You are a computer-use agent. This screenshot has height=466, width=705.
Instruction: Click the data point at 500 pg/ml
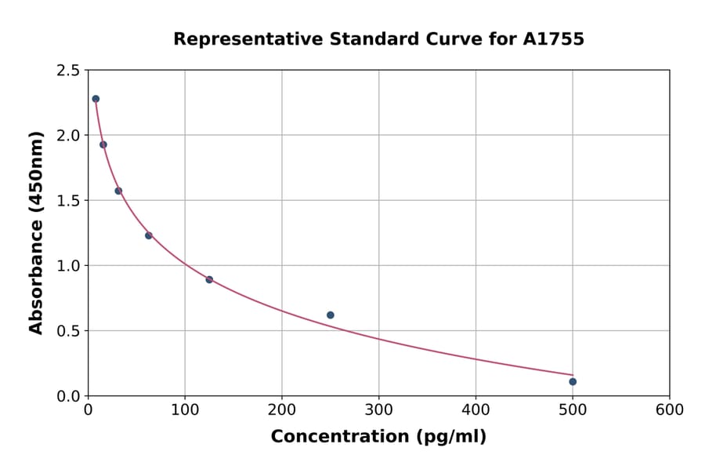tap(573, 381)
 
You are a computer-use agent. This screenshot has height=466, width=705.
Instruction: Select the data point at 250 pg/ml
tap(331, 315)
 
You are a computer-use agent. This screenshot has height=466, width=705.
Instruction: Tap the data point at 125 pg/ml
tap(209, 279)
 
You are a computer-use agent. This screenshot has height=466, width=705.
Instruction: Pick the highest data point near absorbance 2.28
tap(96, 99)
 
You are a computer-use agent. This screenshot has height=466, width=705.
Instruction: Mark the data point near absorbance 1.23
tap(149, 235)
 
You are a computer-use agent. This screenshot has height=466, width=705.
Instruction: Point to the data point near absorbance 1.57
tap(118, 191)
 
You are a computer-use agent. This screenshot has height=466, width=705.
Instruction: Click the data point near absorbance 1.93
tap(103, 144)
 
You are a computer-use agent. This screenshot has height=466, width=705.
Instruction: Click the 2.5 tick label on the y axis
tap(67, 71)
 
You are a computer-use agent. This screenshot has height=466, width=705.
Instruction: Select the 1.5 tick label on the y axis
tap(67, 201)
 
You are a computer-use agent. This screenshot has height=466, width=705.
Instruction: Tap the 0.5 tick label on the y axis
tap(67, 331)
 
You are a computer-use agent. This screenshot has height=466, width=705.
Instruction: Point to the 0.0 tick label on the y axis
tap(67, 396)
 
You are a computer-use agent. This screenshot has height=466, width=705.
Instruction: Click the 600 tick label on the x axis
tap(669, 410)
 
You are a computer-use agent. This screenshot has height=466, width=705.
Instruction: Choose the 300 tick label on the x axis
tap(378, 410)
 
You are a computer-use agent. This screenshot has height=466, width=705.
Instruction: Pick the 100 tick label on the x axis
tap(185, 410)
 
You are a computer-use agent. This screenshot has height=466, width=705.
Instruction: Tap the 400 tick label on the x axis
tap(475, 410)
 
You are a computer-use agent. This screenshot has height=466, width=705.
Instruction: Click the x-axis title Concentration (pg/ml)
tap(378, 437)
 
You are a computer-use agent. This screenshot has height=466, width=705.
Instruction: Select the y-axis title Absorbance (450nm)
tap(36, 232)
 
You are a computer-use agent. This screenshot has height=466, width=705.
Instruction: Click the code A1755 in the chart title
tap(554, 39)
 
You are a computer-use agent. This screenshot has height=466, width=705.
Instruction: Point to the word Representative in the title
tap(236, 39)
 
